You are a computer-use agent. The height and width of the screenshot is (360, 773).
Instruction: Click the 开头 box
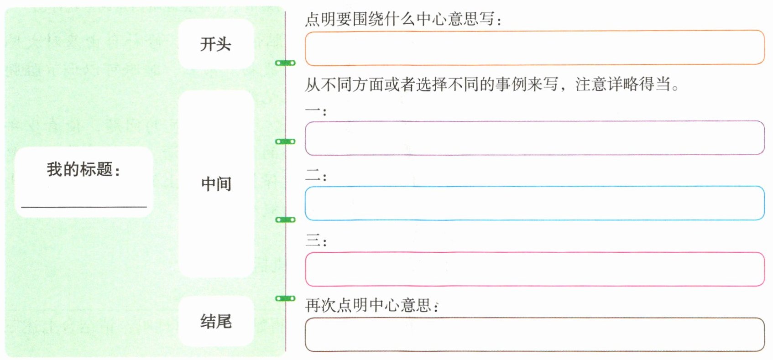tap(215, 44)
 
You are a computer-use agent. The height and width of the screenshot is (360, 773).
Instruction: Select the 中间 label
tap(216, 184)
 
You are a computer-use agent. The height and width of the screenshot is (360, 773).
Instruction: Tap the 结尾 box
tap(215, 321)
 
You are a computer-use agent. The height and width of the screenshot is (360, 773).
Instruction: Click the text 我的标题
tap(80, 169)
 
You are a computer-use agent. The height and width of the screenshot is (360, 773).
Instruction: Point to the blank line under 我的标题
tap(84, 206)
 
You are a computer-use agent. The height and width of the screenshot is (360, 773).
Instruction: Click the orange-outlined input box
tap(534, 48)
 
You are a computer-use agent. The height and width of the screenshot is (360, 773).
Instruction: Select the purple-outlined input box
tap(534, 138)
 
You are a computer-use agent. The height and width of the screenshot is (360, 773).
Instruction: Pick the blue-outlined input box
tap(534, 203)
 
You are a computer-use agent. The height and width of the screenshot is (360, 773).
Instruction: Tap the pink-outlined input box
tap(534, 269)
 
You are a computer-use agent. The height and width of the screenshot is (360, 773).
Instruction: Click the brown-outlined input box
tap(534, 335)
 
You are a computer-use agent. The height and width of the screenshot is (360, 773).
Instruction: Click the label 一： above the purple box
tap(315, 111)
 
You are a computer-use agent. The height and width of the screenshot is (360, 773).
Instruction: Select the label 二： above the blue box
tap(315, 176)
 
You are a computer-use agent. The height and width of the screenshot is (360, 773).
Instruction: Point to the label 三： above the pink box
tap(315, 240)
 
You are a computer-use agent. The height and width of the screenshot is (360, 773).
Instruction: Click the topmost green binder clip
tap(285, 63)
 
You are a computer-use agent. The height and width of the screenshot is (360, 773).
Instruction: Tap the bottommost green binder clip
tap(285, 298)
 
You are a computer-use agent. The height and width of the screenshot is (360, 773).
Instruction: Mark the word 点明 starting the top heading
tap(320, 19)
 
